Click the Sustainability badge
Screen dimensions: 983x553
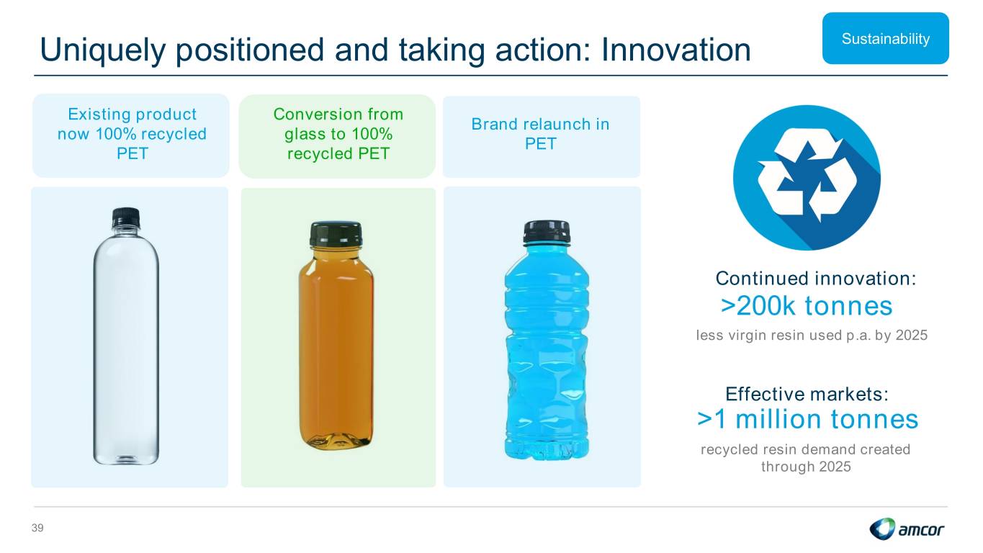[885, 38]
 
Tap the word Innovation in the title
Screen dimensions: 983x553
[675, 50]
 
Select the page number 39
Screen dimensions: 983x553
[37, 528]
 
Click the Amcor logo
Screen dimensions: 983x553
[907, 529]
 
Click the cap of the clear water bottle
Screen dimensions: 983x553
[126, 217]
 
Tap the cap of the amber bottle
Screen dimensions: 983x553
[336, 234]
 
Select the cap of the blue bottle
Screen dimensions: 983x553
[547, 232]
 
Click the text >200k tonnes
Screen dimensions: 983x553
[807, 306]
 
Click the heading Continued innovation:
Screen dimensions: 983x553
[816, 278]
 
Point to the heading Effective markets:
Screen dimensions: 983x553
[807, 394]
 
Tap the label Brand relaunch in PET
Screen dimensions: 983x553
[541, 134]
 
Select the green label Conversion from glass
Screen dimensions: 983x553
[338, 134]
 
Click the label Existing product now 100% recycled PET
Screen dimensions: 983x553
[132, 134]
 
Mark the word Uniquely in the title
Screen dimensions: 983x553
[103, 50]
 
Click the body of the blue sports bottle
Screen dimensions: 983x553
[547, 351]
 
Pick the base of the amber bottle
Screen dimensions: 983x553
[336, 439]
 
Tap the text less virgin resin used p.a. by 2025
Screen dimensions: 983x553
[812, 336]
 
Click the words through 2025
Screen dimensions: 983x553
[806, 466]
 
